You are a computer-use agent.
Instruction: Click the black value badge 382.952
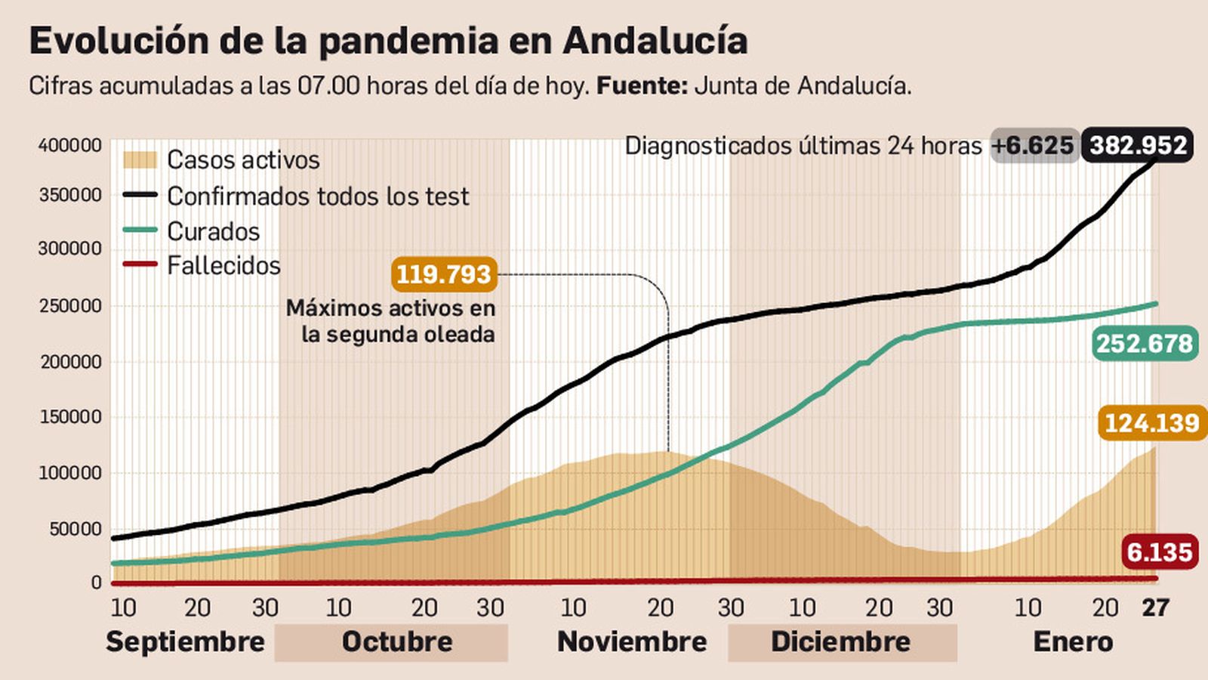click(1138, 145)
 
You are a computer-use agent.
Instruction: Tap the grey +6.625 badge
click(1034, 145)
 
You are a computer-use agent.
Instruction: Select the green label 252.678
click(1145, 344)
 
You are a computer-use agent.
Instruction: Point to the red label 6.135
click(1159, 552)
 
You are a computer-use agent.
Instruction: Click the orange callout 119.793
click(444, 274)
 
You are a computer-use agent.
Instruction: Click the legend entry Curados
click(213, 231)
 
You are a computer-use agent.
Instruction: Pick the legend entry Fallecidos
click(223, 266)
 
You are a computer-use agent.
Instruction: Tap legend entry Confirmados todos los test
click(317, 196)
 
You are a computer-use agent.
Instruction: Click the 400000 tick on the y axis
click(69, 146)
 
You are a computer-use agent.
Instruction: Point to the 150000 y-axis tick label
click(69, 417)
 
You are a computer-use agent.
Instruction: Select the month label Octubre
click(396, 642)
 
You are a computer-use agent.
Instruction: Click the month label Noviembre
click(631, 642)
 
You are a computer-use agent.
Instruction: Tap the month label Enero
click(1072, 642)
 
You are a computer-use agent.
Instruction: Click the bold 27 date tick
click(1154, 607)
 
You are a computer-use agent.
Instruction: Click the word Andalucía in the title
click(655, 41)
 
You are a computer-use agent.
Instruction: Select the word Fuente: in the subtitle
click(642, 85)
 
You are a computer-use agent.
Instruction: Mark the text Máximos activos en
click(390, 308)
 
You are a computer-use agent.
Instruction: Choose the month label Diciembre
click(840, 642)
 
